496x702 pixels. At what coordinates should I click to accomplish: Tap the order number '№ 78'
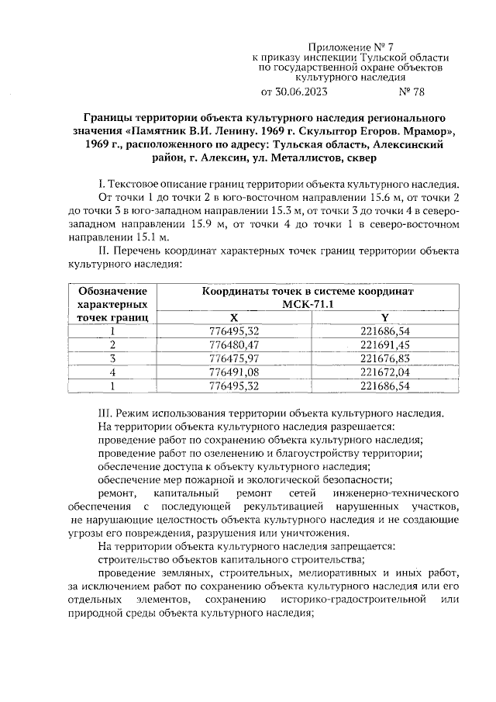[x=412, y=92]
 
